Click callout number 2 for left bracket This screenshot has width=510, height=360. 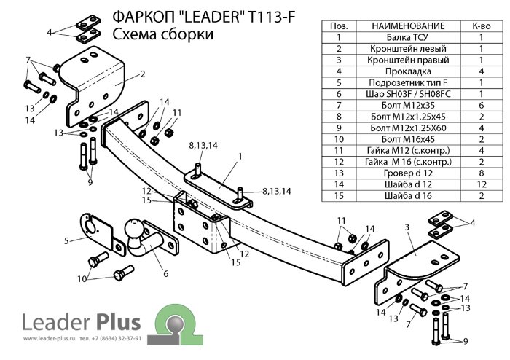(x=144, y=74)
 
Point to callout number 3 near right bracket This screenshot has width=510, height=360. (x=407, y=227)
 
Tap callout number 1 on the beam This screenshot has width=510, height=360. (x=238, y=156)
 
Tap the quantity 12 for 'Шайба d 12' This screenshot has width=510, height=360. (x=481, y=184)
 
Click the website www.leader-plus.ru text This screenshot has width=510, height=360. (x=50, y=340)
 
